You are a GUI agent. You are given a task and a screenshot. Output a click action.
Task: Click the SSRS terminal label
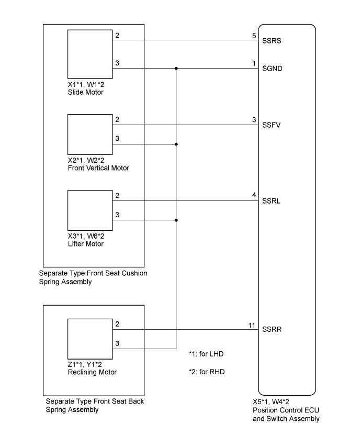(x=272, y=41)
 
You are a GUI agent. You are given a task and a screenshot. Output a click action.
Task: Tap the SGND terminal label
(x=272, y=69)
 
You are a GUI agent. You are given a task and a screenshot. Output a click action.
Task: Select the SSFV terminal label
(x=271, y=125)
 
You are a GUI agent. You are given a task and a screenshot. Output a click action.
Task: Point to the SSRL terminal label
(x=271, y=201)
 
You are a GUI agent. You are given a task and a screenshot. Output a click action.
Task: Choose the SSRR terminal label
(x=272, y=329)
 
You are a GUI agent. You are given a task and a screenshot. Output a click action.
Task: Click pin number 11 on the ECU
(x=252, y=325)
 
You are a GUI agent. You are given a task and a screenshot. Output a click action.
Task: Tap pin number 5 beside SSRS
(x=254, y=36)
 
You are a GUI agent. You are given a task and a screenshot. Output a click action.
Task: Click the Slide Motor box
(x=90, y=54)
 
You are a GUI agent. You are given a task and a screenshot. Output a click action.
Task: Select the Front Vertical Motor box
(x=90, y=135)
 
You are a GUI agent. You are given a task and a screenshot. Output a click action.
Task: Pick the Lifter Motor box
(x=90, y=210)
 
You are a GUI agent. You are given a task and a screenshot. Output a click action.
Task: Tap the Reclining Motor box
(x=90, y=339)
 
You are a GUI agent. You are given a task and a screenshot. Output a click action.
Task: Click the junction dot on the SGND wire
(x=176, y=69)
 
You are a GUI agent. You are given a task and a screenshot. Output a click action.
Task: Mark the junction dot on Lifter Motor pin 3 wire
(x=176, y=220)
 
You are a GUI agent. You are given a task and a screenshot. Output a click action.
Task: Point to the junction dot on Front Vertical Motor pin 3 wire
(x=176, y=144)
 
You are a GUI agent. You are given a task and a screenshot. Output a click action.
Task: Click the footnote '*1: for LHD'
(x=206, y=354)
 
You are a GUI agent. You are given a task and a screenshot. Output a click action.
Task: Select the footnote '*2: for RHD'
(x=207, y=372)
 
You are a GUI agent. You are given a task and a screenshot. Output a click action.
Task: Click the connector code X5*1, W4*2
(x=270, y=401)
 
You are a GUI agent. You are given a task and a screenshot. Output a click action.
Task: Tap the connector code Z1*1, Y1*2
(x=85, y=364)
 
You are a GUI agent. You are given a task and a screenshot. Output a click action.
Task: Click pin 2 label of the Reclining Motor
(x=117, y=324)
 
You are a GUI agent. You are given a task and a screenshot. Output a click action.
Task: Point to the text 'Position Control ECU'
(x=286, y=410)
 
